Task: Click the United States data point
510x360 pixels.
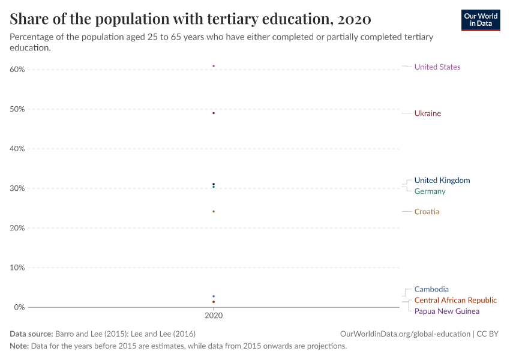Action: [x=214, y=66]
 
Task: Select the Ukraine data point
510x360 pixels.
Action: [x=214, y=113]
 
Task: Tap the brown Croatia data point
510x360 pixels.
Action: [x=214, y=211]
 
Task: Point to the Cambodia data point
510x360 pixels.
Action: [x=214, y=296]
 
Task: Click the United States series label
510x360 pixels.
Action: [x=437, y=67]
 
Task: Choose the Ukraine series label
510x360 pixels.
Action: [x=428, y=113]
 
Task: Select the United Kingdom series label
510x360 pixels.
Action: [x=442, y=180]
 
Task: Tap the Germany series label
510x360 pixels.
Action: [x=430, y=191]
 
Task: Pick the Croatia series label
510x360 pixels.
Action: [x=427, y=212]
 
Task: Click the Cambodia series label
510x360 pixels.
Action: [x=431, y=289]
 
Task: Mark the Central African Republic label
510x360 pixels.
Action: [x=455, y=300]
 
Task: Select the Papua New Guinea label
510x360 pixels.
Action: [x=446, y=311]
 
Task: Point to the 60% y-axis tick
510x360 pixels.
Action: [x=17, y=69]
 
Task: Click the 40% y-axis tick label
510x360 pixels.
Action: [x=17, y=149]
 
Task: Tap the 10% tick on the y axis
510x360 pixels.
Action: [x=17, y=268]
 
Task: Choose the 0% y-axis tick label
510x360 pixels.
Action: [x=19, y=307]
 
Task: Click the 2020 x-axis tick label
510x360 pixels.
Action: [x=214, y=316]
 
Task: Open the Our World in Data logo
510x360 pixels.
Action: [x=481, y=20]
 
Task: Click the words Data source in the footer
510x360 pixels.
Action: [x=31, y=334]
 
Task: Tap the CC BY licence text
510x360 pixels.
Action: [x=487, y=334]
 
